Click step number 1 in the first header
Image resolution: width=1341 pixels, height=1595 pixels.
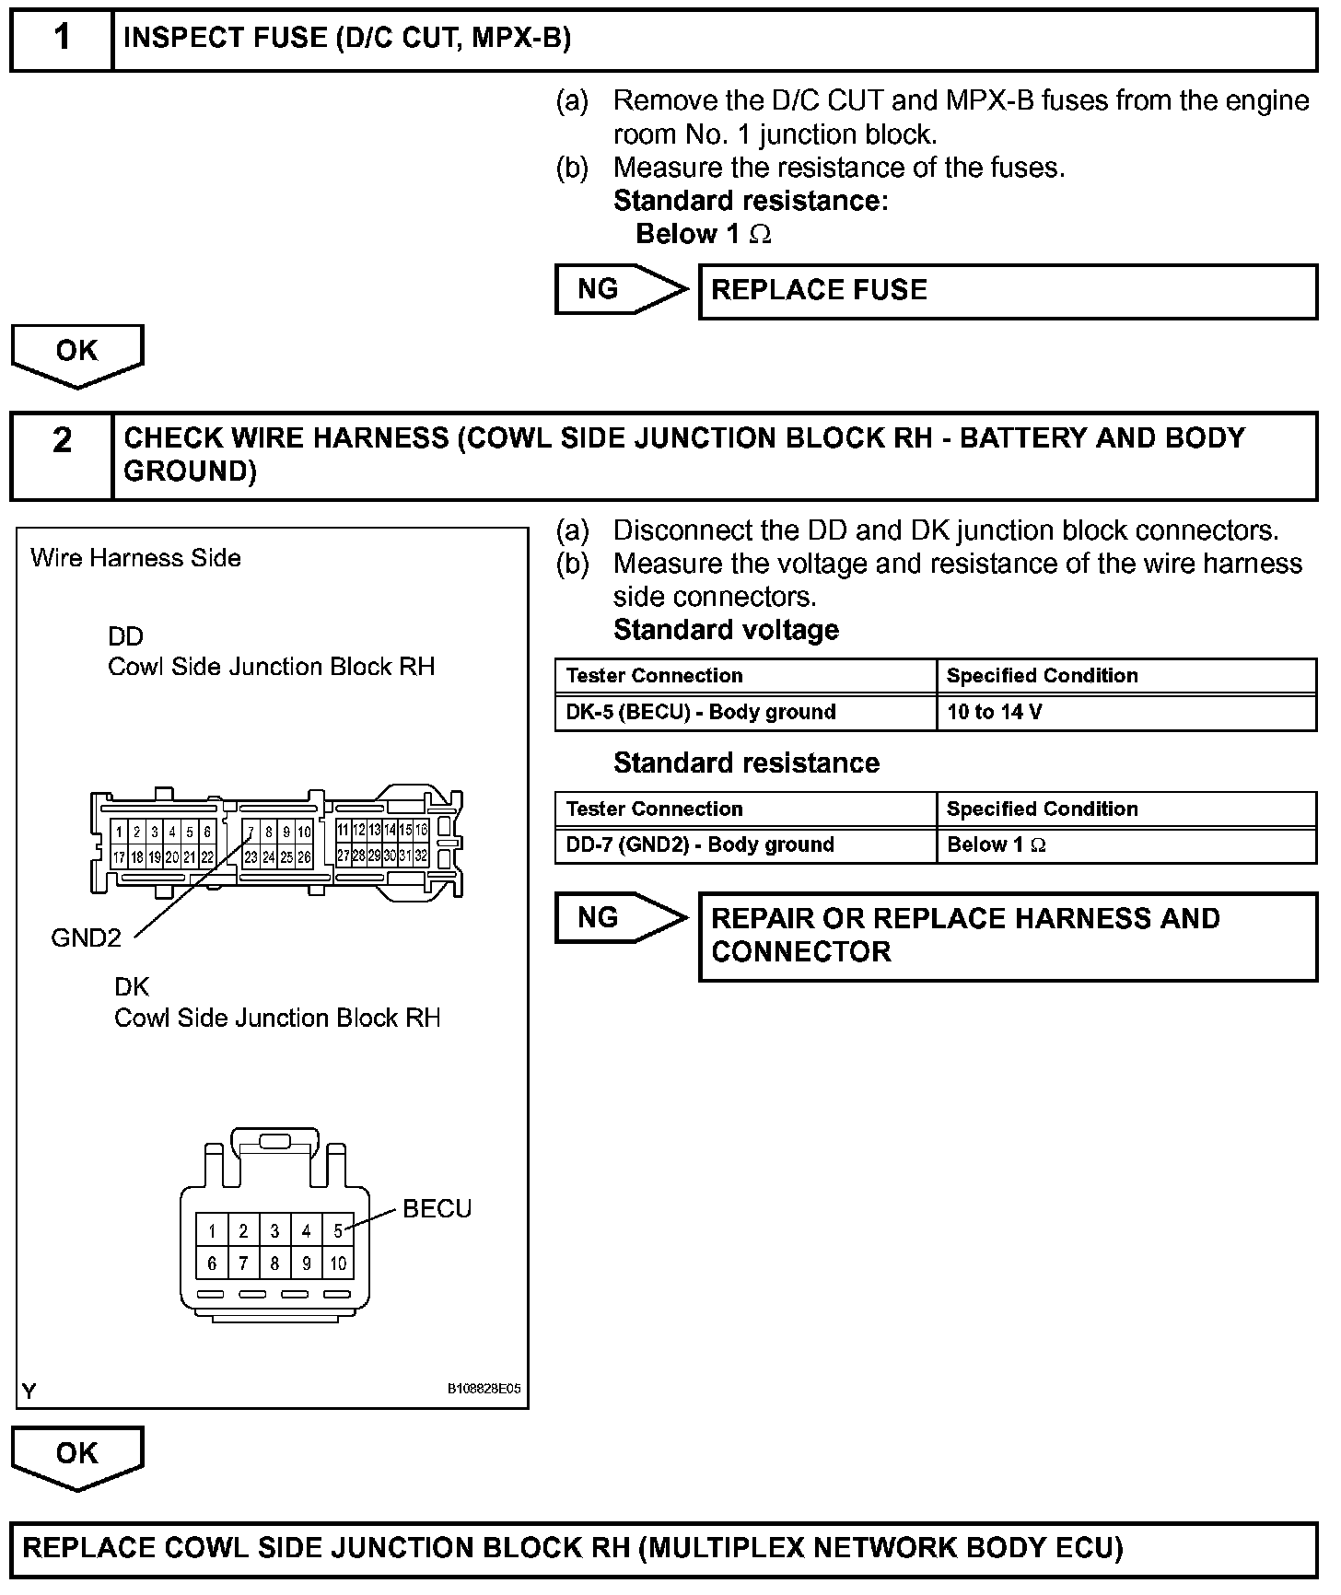(x=62, y=38)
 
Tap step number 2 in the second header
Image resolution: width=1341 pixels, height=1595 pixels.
(x=62, y=441)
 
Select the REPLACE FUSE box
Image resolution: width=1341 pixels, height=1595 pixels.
(x=1008, y=291)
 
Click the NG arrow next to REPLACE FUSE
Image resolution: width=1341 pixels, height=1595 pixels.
(x=619, y=289)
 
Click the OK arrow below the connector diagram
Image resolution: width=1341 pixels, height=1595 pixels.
(x=77, y=1456)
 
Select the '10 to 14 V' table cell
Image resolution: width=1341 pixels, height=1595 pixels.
(x=1125, y=712)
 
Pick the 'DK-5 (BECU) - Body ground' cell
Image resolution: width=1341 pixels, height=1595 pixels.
(x=745, y=712)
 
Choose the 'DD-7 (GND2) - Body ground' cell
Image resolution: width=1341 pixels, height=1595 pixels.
(x=745, y=844)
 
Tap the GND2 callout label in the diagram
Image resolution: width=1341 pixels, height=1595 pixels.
(x=86, y=938)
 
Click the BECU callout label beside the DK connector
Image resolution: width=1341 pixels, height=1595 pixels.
(x=437, y=1209)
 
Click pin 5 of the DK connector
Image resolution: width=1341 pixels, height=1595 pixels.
(x=338, y=1230)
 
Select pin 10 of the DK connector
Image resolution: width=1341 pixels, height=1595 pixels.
(x=338, y=1263)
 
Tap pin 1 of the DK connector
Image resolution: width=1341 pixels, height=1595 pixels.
(x=212, y=1230)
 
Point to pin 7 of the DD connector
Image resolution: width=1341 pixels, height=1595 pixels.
(x=251, y=832)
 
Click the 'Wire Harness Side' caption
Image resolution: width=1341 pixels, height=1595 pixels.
(x=135, y=558)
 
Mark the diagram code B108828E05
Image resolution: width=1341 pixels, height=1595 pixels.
(x=484, y=1389)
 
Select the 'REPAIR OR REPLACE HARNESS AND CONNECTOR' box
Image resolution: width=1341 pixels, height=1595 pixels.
(x=1008, y=936)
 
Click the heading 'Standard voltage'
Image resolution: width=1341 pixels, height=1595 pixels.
(x=726, y=630)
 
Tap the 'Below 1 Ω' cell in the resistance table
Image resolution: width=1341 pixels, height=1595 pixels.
(x=1125, y=844)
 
